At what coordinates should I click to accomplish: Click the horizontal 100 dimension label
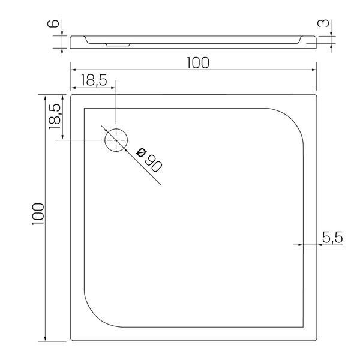198,62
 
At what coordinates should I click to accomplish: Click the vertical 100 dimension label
38,214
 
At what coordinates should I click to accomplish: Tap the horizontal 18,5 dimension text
94,80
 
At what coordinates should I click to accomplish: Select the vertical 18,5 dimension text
55,116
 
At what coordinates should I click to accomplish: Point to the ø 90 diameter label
149,160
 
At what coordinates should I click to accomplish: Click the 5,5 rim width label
332,238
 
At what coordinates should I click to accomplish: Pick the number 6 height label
53,23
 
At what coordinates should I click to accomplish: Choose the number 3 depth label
323,23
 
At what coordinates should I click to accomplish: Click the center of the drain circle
116,140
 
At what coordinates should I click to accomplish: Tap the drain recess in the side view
118,44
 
